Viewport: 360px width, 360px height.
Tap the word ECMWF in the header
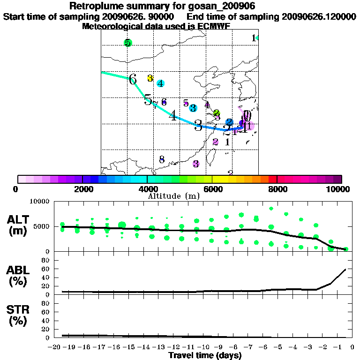[215, 26]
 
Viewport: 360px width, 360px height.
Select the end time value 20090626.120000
[318, 16]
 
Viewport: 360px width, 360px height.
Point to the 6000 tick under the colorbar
[212, 189]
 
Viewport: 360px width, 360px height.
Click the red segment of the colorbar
[272, 179]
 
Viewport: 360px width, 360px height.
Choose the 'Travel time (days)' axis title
[205, 355]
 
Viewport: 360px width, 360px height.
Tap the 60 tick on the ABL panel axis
[45, 269]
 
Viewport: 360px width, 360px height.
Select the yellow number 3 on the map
[150, 78]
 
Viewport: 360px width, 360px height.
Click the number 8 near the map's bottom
[162, 159]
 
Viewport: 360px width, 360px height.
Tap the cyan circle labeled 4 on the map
[160, 83]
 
